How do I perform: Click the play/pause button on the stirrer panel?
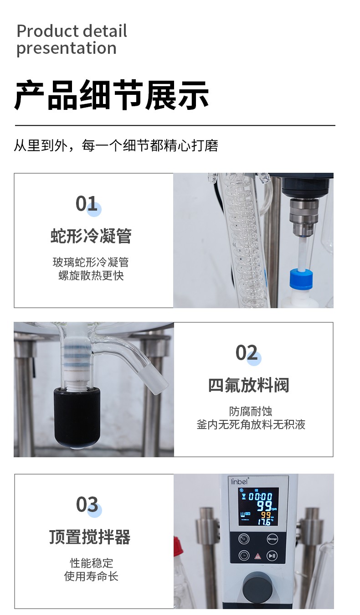click(x=272, y=555)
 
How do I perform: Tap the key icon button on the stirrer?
click(x=272, y=539)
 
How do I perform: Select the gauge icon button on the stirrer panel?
click(x=244, y=539)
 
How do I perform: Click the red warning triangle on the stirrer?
click(x=257, y=556)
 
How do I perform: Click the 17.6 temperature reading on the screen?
click(x=265, y=522)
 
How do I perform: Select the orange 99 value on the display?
click(x=266, y=515)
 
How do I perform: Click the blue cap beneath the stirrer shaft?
click(x=301, y=279)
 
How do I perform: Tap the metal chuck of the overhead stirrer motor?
click(x=304, y=217)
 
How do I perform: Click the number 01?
click(x=86, y=204)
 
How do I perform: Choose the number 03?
click(x=87, y=504)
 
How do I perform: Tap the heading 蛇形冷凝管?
click(x=91, y=236)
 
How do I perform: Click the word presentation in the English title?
click(x=67, y=48)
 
